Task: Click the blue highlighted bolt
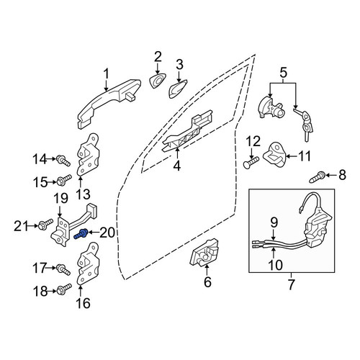point(81,234)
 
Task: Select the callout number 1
point(106,74)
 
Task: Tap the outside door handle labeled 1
point(109,104)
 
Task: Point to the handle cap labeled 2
point(158,81)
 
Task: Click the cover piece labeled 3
point(177,89)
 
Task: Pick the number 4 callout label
point(177,166)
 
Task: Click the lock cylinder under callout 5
point(270,107)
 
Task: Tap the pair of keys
point(304,124)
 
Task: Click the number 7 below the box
point(291,284)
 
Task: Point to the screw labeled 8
point(318,177)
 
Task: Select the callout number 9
point(274,222)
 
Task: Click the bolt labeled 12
point(251,163)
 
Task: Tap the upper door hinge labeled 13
point(88,156)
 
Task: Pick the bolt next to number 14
point(63,161)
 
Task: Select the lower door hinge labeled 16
point(88,264)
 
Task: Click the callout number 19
point(60,199)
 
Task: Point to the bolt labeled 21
point(45,224)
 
